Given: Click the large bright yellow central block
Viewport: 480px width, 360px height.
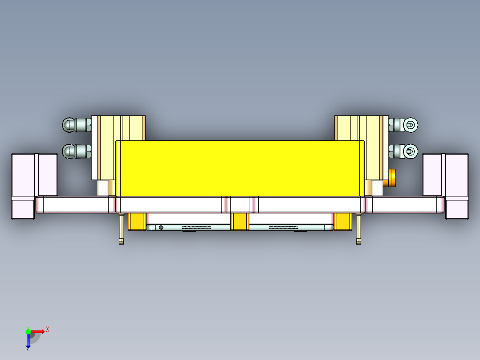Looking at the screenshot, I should point(240,168).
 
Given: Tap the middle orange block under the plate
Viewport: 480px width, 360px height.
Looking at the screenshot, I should point(240,221).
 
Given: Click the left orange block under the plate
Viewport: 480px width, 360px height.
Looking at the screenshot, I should point(137,221).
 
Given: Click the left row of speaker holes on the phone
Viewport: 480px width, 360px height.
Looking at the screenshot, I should point(196,227).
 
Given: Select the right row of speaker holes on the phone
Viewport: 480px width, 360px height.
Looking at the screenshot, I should point(284,227).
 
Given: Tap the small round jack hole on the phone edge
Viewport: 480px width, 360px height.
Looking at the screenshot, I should point(161,228).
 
